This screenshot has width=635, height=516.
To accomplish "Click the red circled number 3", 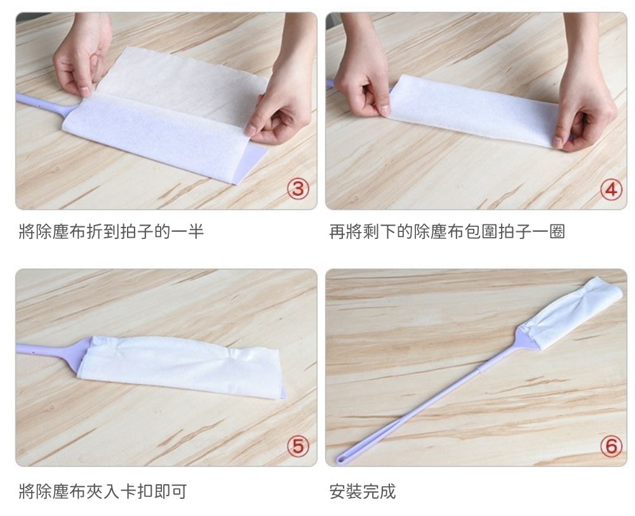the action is [298, 189].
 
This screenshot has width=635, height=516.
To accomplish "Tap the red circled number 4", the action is [611, 189].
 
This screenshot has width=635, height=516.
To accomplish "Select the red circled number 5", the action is [298, 446].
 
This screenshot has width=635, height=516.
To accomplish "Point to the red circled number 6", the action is [611, 446].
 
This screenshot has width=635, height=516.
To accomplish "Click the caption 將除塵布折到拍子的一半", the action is [111, 232].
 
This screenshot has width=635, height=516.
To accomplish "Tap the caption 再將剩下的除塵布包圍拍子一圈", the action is [446, 232].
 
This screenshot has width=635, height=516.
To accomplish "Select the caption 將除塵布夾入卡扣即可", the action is [103, 491].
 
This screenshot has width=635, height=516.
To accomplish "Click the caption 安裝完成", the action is [363, 491].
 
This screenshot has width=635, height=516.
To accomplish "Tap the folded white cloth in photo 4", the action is [474, 109].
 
